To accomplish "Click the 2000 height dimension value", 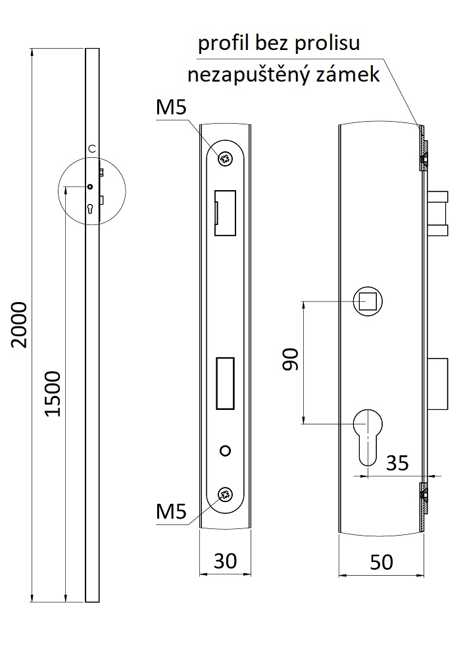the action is tap(20, 324).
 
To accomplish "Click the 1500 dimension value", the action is tap(53, 393).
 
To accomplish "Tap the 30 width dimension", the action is tap(225, 561).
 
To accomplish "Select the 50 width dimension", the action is tap(381, 562).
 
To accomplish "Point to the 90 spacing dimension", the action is tap(290, 359).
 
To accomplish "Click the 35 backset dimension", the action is tap(397, 463).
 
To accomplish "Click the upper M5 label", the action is tap(171, 107).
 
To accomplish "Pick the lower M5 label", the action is tap(171, 511).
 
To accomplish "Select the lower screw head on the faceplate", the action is tap(226, 495).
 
